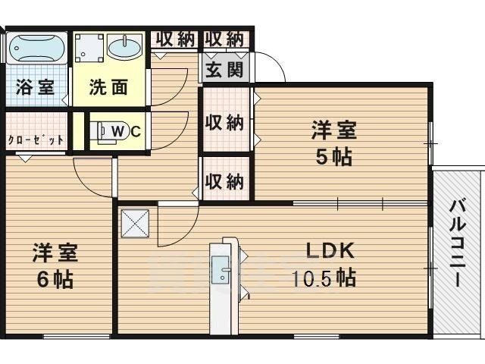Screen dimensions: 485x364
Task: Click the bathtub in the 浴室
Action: pos(36,48)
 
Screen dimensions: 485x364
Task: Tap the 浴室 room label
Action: pos(35,87)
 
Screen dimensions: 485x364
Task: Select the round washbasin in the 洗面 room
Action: pos(124,47)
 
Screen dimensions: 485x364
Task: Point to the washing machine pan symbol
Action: pos(89,48)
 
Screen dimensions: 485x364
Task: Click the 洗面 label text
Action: pos(108,87)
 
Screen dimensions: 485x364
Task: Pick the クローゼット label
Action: pos(36,140)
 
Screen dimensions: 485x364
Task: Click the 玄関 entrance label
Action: pos(224,70)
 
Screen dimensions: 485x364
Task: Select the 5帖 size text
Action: pos(333,157)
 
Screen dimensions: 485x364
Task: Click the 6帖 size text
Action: pos(55,279)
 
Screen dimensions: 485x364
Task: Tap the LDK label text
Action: pos(330,250)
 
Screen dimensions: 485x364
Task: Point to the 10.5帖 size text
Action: pos(324,278)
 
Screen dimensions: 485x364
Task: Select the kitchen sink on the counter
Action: pos(220,269)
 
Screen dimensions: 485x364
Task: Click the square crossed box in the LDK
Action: pos(135,224)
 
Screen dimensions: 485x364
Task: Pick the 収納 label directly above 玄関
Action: pos(224,39)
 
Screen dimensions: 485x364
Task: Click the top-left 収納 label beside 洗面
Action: pos(175,39)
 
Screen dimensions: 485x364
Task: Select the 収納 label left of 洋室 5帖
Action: pos(224,123)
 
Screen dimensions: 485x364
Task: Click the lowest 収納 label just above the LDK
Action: pos(224,181)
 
